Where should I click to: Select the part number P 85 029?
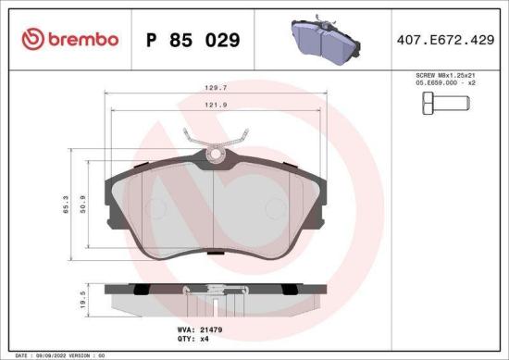192,40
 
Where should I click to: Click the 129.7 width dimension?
215,90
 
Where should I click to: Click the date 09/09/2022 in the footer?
50,355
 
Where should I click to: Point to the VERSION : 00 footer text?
93,355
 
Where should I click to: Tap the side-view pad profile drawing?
215,298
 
